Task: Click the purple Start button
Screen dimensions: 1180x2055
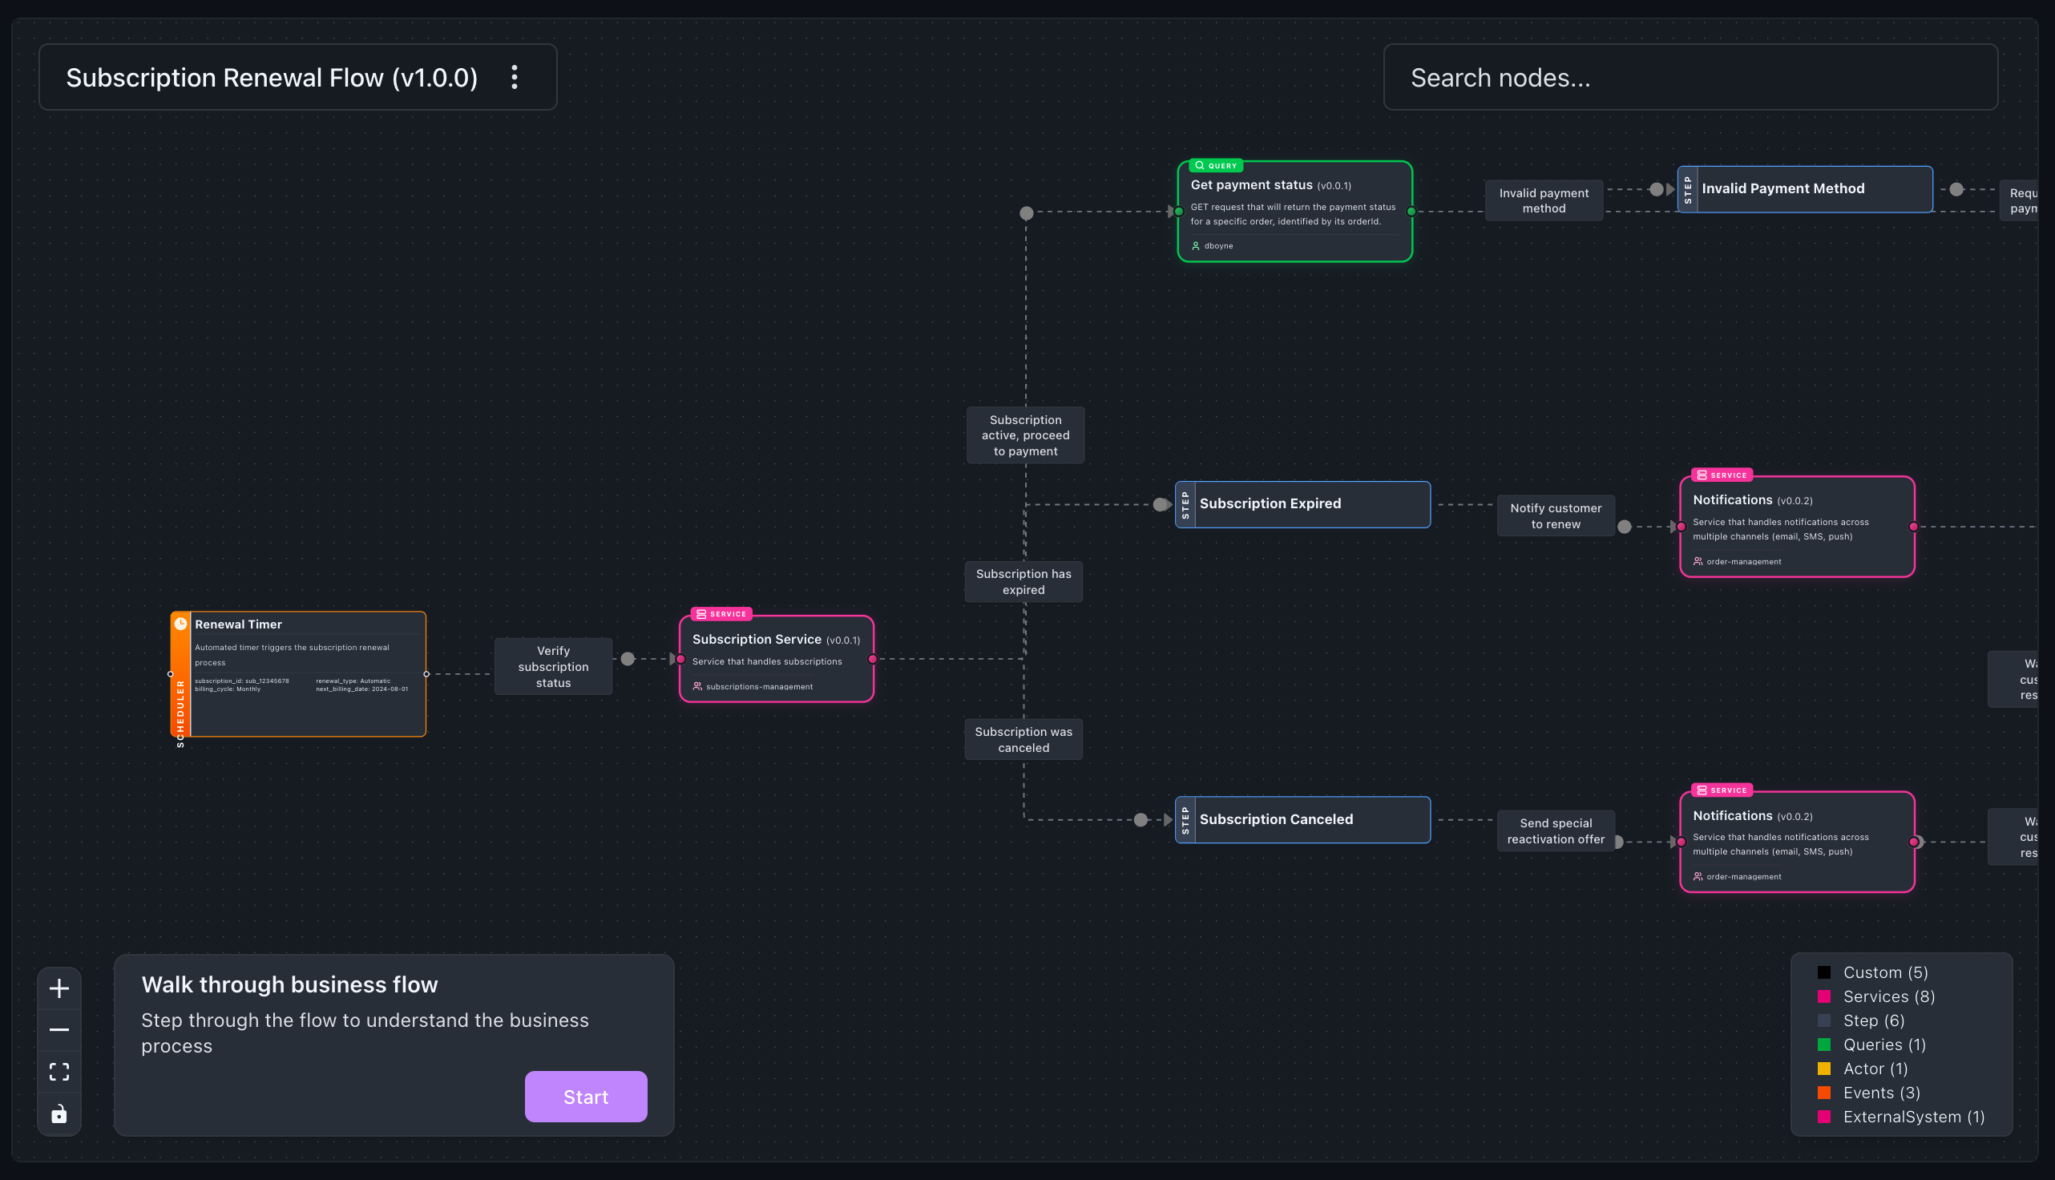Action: tap(585, 1097)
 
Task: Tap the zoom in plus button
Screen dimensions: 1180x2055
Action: tap(59, 988)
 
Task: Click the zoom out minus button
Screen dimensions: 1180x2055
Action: tap(59, 1030)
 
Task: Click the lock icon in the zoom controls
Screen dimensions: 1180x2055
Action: tap(59, 1114)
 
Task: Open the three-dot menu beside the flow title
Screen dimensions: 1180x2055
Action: tap(515, 78)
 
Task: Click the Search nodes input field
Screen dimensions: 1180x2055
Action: tap(1690, 78)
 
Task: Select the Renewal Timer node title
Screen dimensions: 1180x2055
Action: tap(238, 624)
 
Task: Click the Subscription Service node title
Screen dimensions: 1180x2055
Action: tap(756, 640)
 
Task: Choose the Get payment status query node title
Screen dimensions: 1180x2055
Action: tap(1250, 186)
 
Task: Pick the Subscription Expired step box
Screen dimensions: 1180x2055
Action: tap(1302, 504)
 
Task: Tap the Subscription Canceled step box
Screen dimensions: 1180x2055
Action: tap(1302, 819)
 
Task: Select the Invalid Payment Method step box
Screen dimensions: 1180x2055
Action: tap(1805, 189)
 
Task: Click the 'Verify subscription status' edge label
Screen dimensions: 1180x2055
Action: tap(553, 666)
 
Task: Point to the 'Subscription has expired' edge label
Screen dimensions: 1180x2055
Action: tap(1023, 582)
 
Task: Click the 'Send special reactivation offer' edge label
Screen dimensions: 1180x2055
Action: tap(1554, 830)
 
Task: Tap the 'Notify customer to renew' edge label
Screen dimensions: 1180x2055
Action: tap(1554, 515)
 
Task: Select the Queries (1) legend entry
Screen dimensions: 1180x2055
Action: tap(1883, 1045)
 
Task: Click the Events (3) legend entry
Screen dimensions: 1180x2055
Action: tap(1881, 1093)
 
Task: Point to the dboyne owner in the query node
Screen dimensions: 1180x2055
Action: tap(1217, 245)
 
